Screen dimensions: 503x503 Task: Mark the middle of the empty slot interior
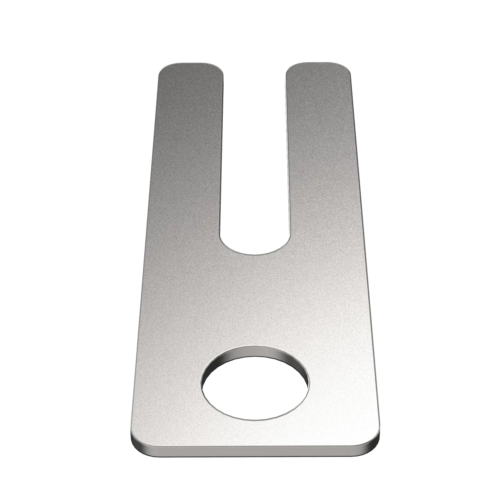[255, 156]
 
